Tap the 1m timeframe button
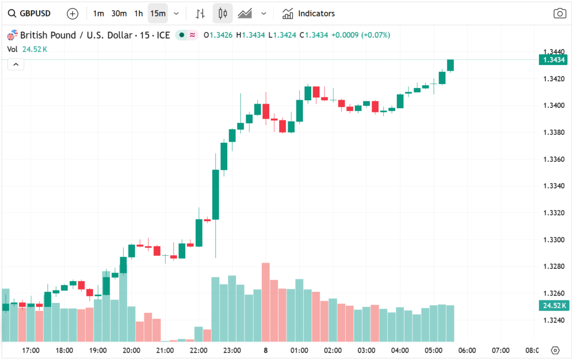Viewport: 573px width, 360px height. [98, 13]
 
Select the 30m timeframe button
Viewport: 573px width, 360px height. [119, 13]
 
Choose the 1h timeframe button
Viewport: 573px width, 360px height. [138, 13]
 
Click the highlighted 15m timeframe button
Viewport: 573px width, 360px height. [158, 13]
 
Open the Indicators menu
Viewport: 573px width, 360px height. [309, 13]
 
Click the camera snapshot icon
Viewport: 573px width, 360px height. [560, 13]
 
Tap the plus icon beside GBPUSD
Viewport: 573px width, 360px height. [72, 13]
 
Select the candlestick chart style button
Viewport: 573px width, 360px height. [223, 13]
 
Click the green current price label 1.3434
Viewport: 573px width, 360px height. [552, 60]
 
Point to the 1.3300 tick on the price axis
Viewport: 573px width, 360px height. [552, 240]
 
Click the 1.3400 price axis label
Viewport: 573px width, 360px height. [552, 105]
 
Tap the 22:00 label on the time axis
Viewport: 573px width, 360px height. [198, 350]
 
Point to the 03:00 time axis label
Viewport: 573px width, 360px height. [366, 350]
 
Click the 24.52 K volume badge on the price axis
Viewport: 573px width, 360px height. [552, 305]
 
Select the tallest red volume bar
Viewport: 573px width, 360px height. [266, 302]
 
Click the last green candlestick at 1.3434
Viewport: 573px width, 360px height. [450, 65]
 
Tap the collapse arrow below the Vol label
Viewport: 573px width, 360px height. [16, 65]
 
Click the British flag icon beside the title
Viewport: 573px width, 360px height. [11, 35]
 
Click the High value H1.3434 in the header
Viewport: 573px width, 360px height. [251, 35]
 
